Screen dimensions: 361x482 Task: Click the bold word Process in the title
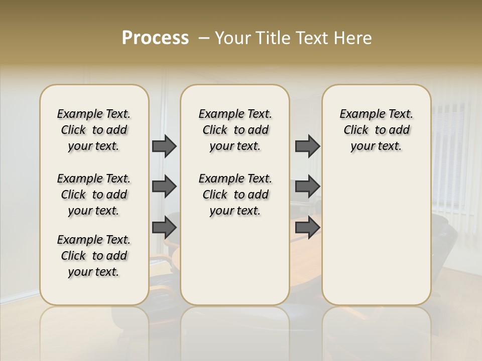click(x=155, y=38)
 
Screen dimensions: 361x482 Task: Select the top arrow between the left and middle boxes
click(x=164, y=146)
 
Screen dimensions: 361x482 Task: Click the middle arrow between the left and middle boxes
click(x=164, y=187)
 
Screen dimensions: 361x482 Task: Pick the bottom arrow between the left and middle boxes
click(x=164, y=228)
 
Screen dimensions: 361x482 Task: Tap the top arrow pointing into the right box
click(x=307, y=146)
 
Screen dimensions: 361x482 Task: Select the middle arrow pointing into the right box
click(x=307, y=187)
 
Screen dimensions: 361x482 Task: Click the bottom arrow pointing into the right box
click(x=307, y=228)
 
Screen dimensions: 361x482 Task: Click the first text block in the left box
click(x=94, y=130)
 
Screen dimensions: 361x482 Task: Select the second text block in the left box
click(x=94, y=195)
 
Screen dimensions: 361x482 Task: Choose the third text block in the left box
click(x=94, y=256)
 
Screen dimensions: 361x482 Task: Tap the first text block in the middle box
click(x=235, y=130)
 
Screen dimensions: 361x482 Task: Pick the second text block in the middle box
click(x=235, y=195)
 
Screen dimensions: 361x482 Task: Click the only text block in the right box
click(x=376, y=130)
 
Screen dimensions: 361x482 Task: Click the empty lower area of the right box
click(x=376, y=236)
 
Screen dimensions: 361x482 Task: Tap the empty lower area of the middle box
click(x=235, y=266)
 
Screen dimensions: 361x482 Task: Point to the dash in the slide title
click(x=204, y=38)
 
